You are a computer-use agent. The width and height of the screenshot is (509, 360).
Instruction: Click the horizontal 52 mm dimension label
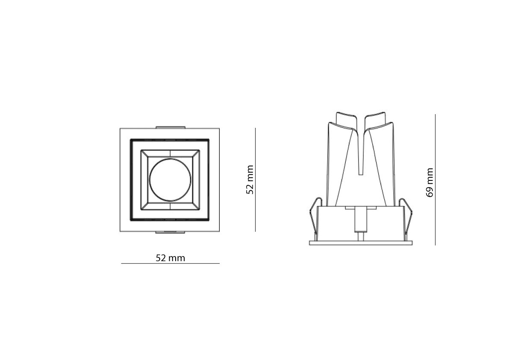(171, 258)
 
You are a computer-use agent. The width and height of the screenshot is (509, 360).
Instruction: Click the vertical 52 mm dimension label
(250, 180)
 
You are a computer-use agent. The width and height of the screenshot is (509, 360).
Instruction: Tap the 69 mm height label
(430, 183)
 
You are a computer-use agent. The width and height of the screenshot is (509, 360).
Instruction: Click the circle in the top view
(170, 180)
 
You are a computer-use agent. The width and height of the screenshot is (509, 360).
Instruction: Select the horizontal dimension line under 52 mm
(171, 264)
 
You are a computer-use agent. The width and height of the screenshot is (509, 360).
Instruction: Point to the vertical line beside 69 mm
(435, 180)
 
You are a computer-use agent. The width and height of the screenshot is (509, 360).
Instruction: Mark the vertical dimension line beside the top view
(256, 180)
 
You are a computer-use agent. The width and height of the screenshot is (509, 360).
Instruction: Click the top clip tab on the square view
(171, 127)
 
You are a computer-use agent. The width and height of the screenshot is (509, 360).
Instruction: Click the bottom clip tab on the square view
(171, 233)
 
